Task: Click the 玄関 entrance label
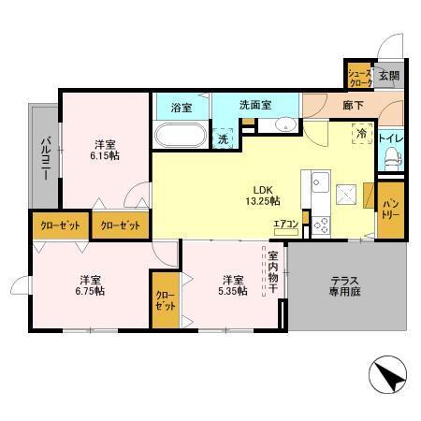point(388,76)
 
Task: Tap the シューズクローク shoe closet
point(359,78)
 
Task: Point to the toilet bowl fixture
point(391,160)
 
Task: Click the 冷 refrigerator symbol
point(361,135)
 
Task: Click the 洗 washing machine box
point(223,137)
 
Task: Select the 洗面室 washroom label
point(254,105)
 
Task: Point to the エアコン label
point(286,224)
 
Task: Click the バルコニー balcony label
point(44,154)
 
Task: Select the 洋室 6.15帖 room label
point(105,150)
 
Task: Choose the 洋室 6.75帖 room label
point(91,285)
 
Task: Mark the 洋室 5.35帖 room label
point(234,285)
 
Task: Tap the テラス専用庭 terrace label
point(347,286)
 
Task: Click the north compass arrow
point(389,379)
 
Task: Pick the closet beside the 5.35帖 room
point(165,300)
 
